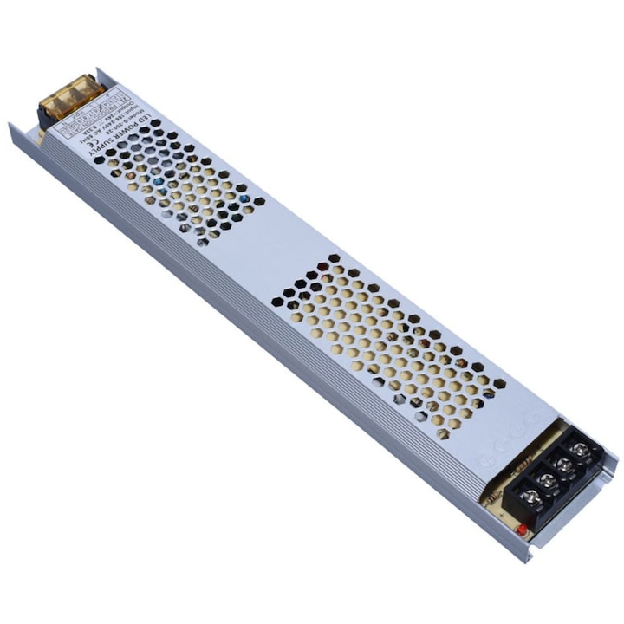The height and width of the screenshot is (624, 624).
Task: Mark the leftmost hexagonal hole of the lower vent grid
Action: (277, 302)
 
